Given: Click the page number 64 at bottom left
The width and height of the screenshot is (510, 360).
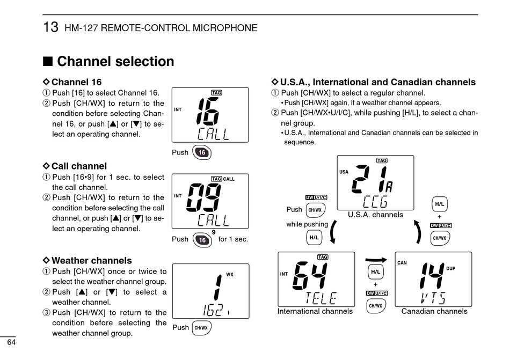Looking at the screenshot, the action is pyautogui.click(x=11, y=342).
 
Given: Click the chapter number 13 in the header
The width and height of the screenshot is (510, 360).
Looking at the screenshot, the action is pyautogui.click(x=50, y=27).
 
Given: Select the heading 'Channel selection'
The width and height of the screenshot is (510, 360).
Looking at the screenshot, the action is pyautogui.click(x=115, y=61).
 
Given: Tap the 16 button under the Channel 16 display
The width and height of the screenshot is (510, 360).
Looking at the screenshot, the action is pyautogui.click(x=202, y=152).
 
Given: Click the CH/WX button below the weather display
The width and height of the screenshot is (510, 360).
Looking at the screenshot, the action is pyautogui.click(x=202, y=328).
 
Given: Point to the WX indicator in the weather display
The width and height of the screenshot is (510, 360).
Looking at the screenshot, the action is pyautogui.click(x=230, y=275).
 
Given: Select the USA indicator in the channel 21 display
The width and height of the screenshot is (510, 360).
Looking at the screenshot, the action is pyautogui.click(x=344, y=172).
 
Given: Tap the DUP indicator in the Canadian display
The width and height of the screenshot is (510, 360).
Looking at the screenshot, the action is pyautogui.click(x=450, y=268).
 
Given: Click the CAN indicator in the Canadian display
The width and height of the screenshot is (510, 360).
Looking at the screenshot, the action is pyautogui.click(x=402, y=263).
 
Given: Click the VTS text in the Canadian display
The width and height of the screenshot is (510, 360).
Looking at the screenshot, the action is pyautogui.click(x=433, y=298).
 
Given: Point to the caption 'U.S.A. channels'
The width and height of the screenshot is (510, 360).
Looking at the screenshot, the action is pyautogui.click(x=375, y=215).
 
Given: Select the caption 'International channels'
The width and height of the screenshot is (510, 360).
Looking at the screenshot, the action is pyautogui.click(x=315, y=311).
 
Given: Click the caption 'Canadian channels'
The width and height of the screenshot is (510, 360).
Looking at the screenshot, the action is pyautogui.click(x=434, y=311).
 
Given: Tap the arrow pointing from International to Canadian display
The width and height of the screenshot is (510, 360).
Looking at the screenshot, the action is pyautogui.click(x=376, y=260).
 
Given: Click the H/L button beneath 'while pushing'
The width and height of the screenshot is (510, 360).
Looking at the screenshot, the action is pyautogui.click(x=314, y=238).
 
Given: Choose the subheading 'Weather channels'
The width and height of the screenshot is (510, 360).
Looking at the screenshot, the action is pyautogui.click(x=91, y=261).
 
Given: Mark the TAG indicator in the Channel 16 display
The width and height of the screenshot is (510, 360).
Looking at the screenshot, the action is pyautogui.click(x=216, y=93).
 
